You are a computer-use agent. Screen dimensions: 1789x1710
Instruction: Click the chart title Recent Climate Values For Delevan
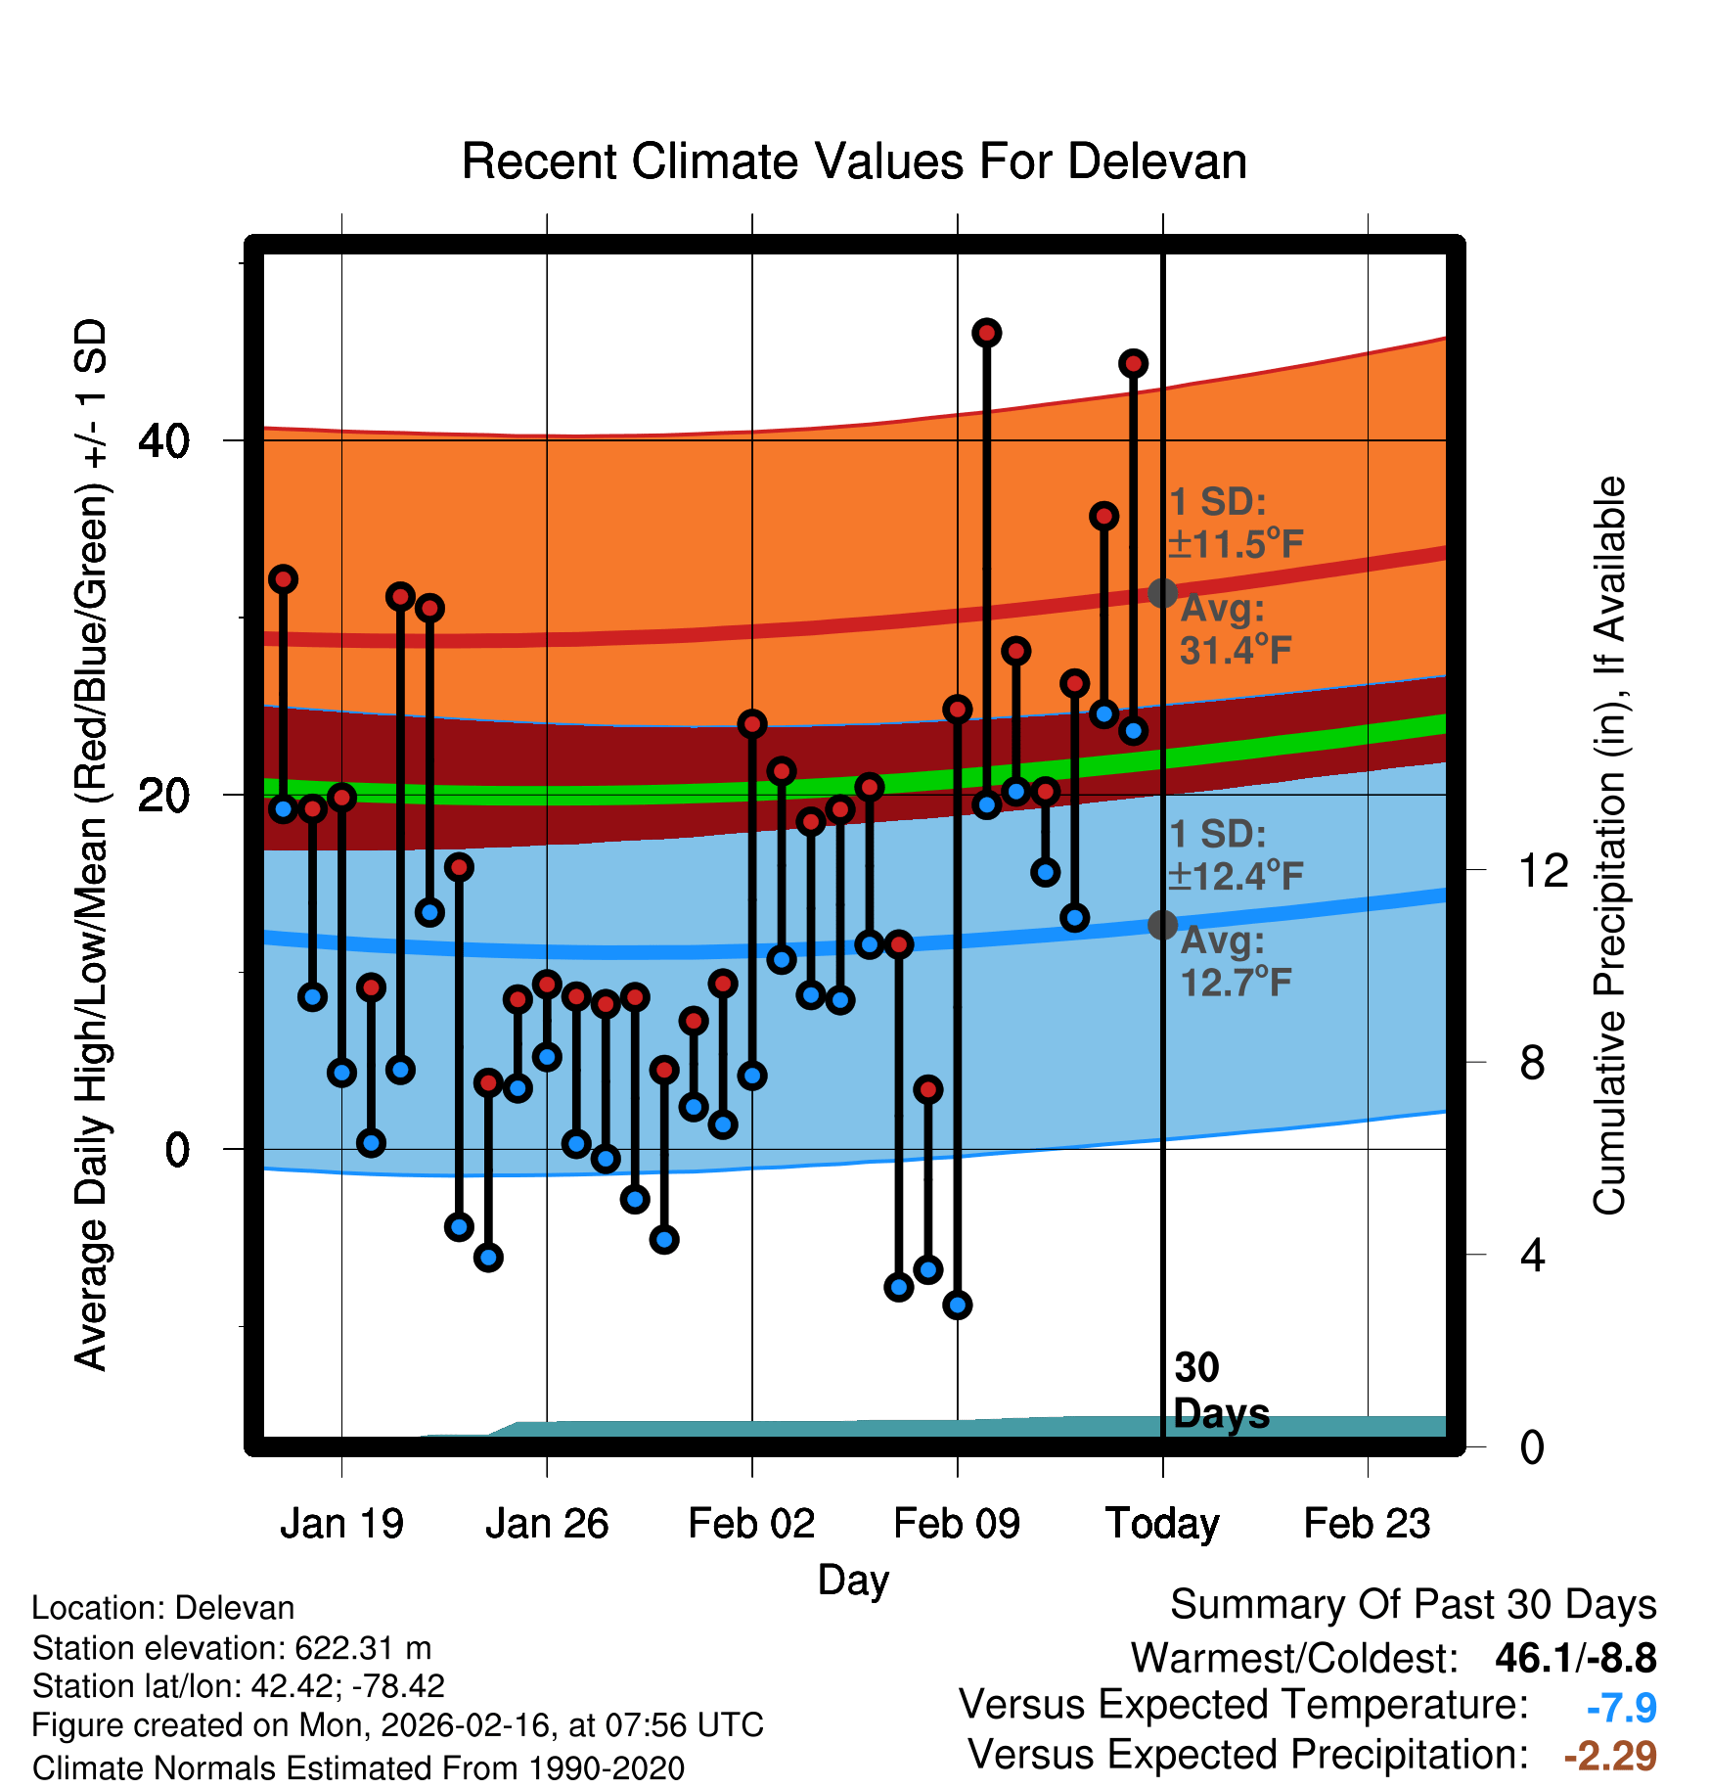coord(854,162)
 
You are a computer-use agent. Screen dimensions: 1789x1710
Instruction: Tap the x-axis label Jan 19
coord(341,1524)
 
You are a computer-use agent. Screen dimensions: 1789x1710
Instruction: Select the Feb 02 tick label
coord(751,1524)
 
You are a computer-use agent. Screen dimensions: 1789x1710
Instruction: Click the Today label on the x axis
coord(1162,1524)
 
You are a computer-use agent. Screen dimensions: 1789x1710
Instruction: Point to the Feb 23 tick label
coord(1367,1524)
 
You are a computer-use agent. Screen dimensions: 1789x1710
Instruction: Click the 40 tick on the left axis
coord(164,441)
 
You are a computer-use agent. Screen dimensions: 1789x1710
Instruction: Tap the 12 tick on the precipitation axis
coord(1543,870)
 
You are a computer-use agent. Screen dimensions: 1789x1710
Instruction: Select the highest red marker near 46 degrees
coord(986,333)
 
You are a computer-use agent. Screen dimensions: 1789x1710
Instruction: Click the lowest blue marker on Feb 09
coord(957,1305)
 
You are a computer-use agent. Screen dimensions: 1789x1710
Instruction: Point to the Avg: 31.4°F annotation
coord(1235,629)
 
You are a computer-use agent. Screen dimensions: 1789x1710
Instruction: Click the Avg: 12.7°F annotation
coord(1235,962)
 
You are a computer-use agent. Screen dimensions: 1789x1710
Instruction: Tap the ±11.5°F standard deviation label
coord(1237,544)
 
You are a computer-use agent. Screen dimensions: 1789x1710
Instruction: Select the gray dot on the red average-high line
coord(1162,592)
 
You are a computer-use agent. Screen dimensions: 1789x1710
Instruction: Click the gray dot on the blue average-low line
coord(1162,924)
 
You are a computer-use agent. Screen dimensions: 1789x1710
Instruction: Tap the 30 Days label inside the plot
coord(1219,1391)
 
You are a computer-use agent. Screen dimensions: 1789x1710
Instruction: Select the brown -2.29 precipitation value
coord(1610,1756)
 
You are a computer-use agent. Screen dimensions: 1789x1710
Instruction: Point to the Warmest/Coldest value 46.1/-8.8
coord(1575,1658)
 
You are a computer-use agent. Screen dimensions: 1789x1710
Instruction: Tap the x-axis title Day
coord(853,1580)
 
